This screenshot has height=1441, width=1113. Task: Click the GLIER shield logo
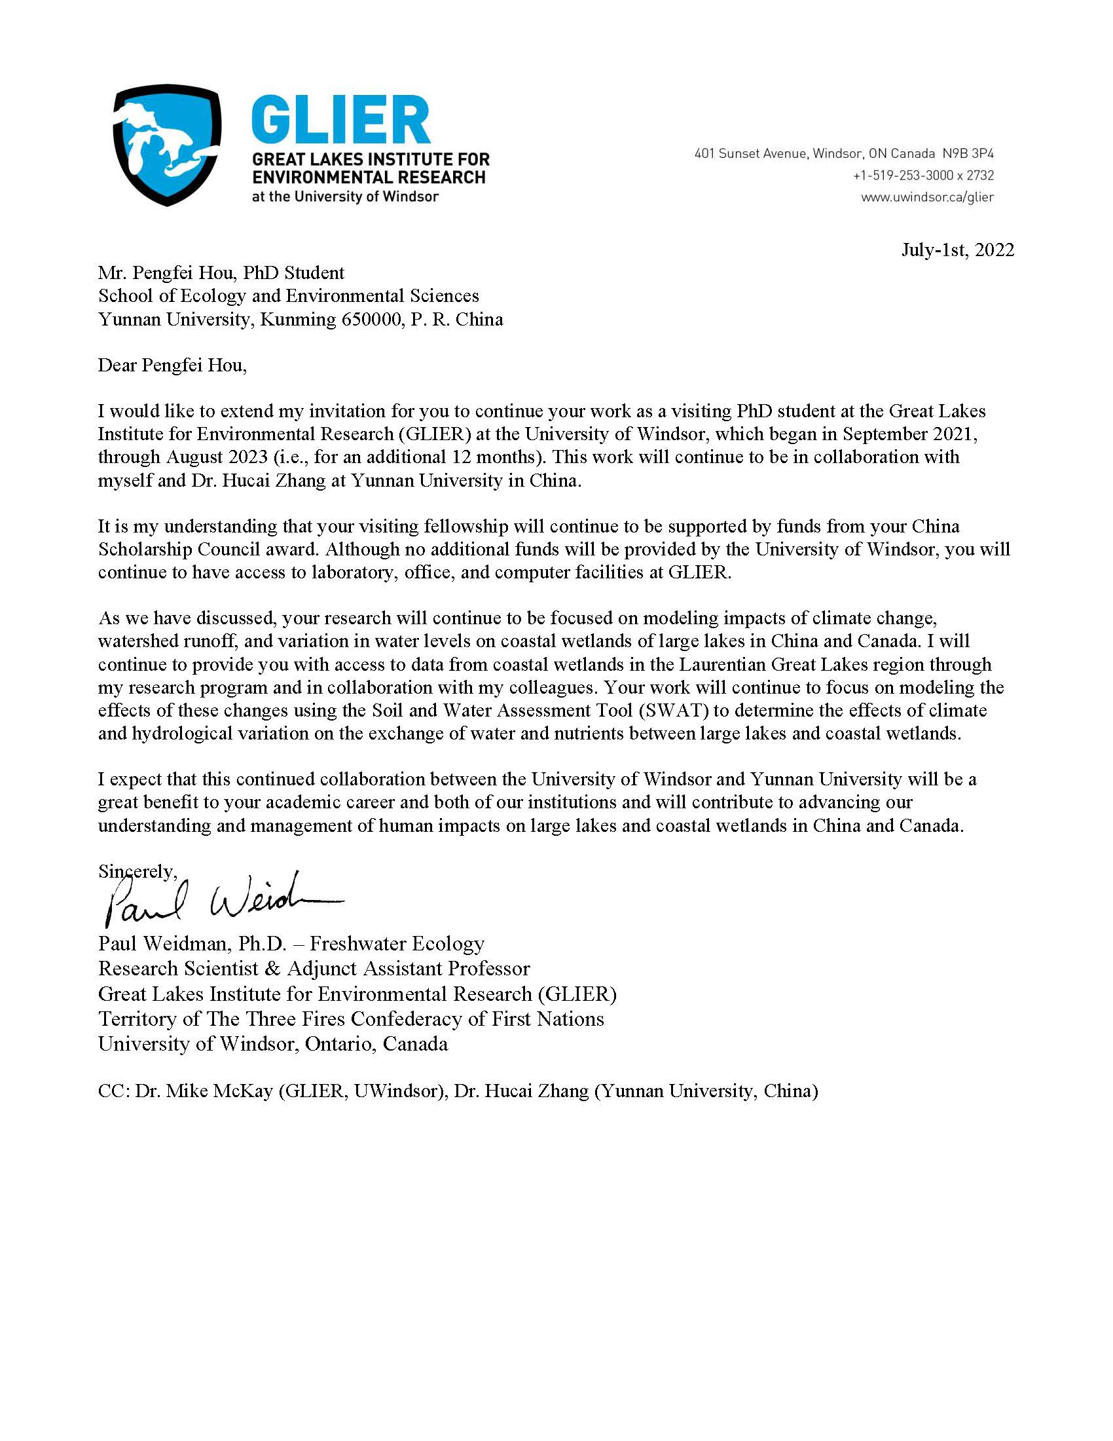coord(167,145)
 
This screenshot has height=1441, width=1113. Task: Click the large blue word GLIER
coord(340,120)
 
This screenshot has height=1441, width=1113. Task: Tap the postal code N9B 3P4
coord(967,154)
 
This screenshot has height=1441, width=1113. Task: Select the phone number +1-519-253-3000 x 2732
coord(923,176)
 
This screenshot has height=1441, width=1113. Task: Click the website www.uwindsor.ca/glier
coord(927,197)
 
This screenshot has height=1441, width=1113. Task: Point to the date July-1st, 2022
coord(957,250)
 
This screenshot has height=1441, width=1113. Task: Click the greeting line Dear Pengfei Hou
coord(172,365)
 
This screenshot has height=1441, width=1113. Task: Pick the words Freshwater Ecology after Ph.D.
coord(397,943)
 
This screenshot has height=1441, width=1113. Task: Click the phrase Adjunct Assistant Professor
coord(408,969)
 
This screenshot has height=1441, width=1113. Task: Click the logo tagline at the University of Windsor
coord(345,196)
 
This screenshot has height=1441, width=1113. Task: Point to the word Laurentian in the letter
coord(722,664)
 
